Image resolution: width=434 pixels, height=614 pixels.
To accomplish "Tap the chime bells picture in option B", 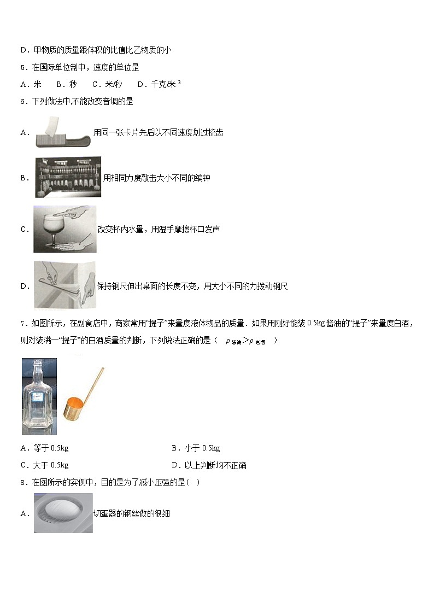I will (x=68, y=177).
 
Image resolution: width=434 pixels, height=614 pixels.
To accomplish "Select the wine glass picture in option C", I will (x=64, y=229).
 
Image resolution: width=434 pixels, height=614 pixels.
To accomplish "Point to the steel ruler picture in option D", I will (x=64, y=285).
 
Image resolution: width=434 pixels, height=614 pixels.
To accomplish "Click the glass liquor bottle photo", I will (x=39, y=396).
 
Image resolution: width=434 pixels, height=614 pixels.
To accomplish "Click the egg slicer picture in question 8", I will (x=63, y=513).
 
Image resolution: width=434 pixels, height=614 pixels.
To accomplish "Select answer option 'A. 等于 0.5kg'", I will (x=44, y=448).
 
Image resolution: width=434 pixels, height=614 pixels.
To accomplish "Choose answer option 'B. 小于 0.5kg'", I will (x=196, y=448).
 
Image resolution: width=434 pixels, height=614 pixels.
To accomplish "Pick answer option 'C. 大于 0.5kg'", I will (x=44, y=465).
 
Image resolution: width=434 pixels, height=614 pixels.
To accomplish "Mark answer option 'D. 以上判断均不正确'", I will (x=209, y=465).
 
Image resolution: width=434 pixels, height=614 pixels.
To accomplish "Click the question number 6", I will (x=23, y=101).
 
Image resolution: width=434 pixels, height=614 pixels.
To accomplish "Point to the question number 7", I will (x=23, y=324).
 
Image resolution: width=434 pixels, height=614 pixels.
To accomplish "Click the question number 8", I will (x=23, y=482).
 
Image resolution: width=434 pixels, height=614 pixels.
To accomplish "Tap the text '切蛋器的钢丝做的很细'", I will (x=132, y=513).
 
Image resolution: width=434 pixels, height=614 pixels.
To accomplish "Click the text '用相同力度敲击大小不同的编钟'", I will (x=157, y=178).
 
